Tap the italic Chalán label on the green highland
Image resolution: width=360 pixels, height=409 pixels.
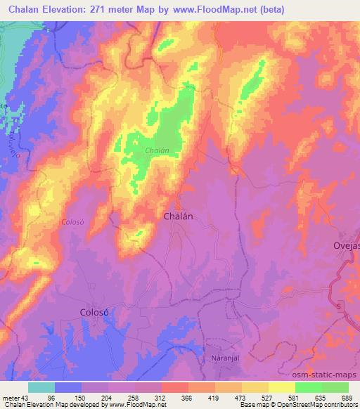[156, 151]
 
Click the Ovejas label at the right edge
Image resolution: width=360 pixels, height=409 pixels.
[346, 245]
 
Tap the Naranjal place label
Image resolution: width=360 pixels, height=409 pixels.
[226, 358]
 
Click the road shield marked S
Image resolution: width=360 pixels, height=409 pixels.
[340, 307]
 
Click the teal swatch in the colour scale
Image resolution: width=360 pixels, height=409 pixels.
[41, 387]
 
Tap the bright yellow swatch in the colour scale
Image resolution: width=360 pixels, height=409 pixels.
[281, 387]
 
